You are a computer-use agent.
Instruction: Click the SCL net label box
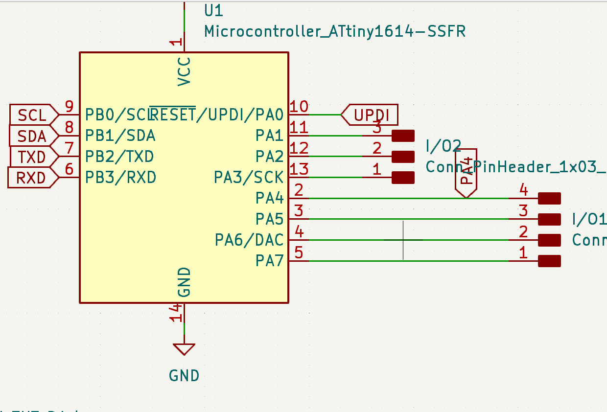32,115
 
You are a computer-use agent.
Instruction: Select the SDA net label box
32,136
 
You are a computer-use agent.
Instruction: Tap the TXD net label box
32,157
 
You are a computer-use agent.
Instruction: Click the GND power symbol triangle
184,349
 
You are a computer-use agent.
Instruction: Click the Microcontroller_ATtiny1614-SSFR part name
334,32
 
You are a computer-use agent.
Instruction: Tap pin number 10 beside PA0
299,107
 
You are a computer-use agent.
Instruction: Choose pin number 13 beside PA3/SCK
299,169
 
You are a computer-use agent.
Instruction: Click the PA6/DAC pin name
249,240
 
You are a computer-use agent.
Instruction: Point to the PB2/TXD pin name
119,157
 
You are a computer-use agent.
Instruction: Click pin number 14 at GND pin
176,312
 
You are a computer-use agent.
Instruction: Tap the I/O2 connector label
443,145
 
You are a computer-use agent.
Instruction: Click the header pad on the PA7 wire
549,261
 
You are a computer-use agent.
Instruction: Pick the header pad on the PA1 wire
403,136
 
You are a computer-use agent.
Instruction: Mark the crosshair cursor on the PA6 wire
403,240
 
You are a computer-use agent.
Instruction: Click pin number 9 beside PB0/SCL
69,106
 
